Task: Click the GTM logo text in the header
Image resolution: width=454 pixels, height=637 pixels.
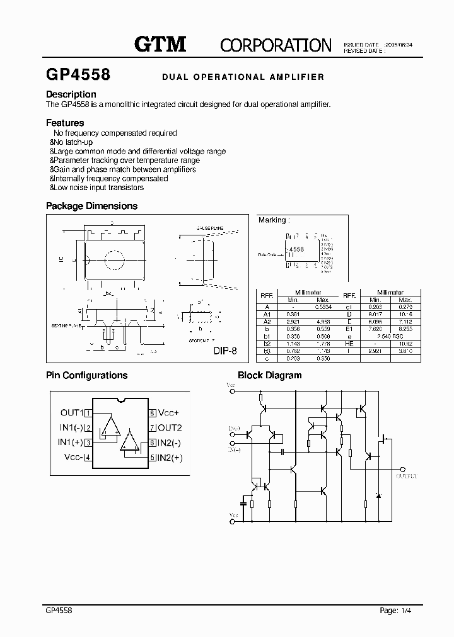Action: click(x=160, y=44)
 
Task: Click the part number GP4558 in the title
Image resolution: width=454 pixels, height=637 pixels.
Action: click(x=78, y=75)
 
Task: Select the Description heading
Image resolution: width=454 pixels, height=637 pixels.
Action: click(x=71, y=94)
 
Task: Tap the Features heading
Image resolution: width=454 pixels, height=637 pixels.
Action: click(x=65, y=123)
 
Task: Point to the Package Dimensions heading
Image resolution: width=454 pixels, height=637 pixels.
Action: click(x=91, y=206)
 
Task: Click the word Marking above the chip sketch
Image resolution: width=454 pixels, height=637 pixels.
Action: click(x=272, y=220)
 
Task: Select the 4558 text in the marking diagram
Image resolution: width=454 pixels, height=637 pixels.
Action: click(x=296, y=249)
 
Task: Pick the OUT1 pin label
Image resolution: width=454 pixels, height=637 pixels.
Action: click(x=72, y=413)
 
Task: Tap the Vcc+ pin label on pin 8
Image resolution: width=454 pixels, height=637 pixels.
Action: click(x=169, y=413)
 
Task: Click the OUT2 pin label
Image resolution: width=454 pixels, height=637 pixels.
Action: click(x=169, y=428)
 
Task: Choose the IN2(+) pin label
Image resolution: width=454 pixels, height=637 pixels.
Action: click(x=170, y=458)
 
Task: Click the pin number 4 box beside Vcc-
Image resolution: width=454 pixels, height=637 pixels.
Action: click(x=88, y=458)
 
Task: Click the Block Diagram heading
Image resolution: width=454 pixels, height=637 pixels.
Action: click(x=269, y=375)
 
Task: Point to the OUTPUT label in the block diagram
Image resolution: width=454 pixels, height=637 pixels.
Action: click(x=407, y=476)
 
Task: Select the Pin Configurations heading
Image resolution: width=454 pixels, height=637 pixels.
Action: click(x=87, y=375)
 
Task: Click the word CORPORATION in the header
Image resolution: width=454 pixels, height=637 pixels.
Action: click(x=276, y=45)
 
